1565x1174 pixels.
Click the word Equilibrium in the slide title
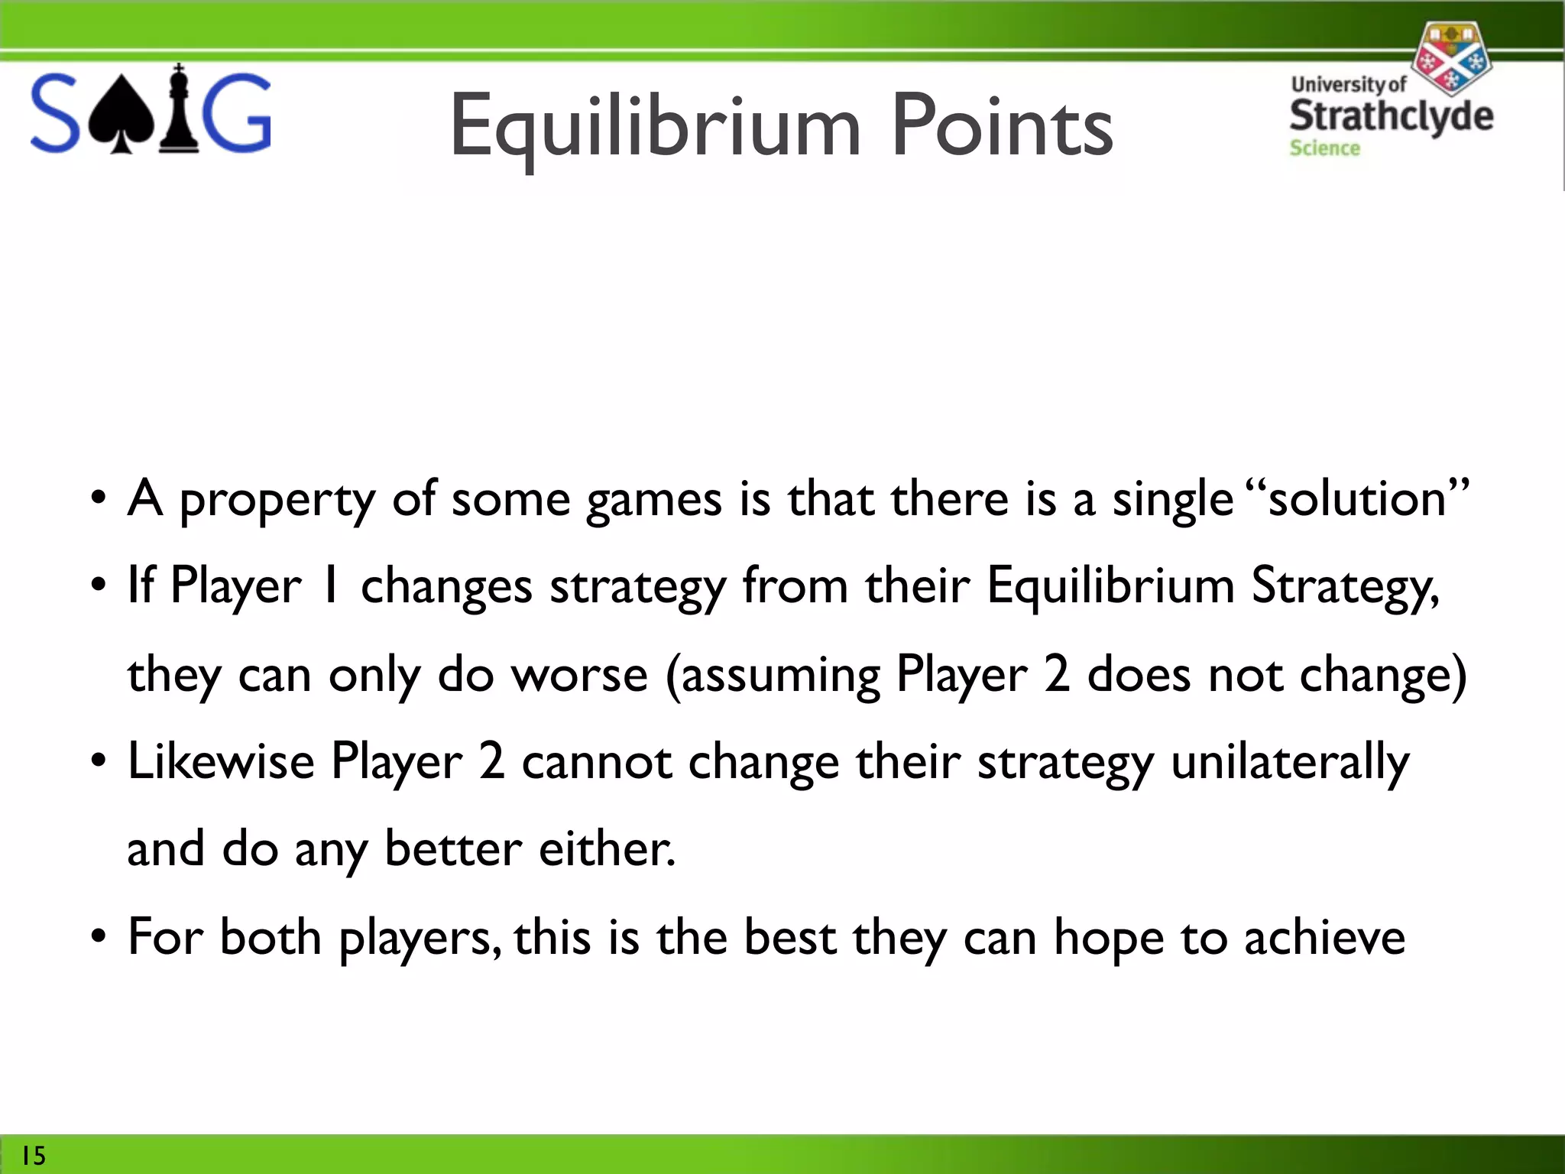click(655, 126)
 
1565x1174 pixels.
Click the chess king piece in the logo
click(179, 109)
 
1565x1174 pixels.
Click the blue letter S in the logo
click(55, 113)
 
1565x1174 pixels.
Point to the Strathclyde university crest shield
click(1450, 57)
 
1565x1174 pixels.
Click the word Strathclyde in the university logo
click(1391, 115)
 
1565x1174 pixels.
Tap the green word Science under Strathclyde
click(1324, 148)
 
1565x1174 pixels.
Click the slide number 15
click(33, 1155)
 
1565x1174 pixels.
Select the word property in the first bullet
click(277, 501)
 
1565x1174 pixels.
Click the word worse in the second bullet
click(579, 676)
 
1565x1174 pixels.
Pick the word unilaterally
click(1290, 763)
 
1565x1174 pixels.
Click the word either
click(607, 849)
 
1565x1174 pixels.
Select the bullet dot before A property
click(98, 499)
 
